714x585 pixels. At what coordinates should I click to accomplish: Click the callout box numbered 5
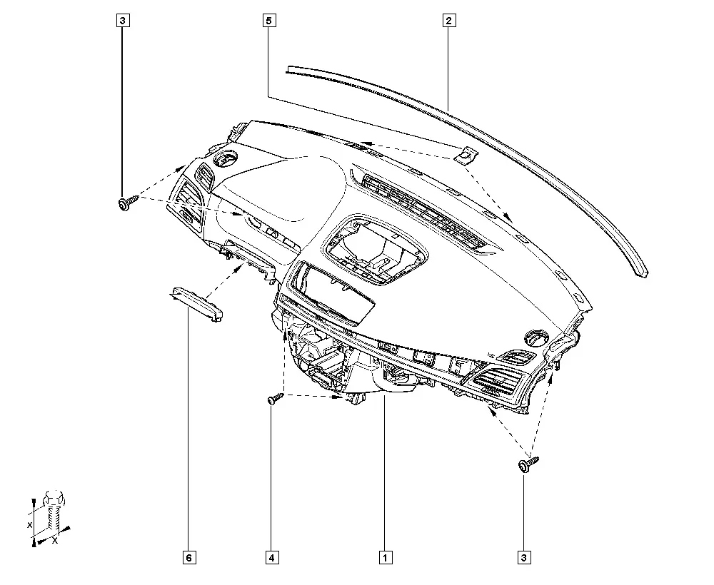tap(269, 21)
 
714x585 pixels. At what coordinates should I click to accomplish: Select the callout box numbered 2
tap(448, 21)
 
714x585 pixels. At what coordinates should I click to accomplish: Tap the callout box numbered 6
tap(189, 557)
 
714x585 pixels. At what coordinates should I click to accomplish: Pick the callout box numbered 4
tap(272, 557)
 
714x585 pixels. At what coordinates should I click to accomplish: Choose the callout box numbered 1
tap(386, 557)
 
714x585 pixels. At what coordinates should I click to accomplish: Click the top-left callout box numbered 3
tap(123, 21)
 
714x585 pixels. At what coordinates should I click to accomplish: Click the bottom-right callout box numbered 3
tap(523, 557)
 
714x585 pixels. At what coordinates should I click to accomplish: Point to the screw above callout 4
tap(275, 399)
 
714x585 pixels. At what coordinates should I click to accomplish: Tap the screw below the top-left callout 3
tap(129, 203)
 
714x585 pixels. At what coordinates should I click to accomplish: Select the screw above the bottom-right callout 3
tap(528, 464)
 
